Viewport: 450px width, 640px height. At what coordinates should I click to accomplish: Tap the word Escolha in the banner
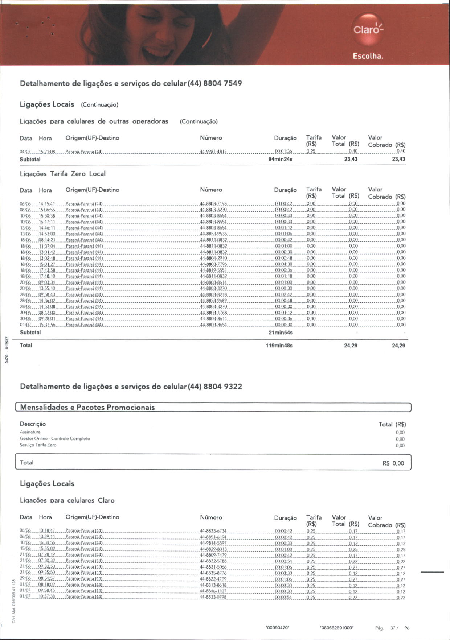[x=368, y=57]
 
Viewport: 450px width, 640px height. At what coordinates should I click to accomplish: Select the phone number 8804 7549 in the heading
[x=222, y=83]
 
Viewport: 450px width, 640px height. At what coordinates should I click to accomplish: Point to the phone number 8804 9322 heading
[x=222, y=387]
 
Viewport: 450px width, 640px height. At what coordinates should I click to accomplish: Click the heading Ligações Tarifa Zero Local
[x=62, y=174]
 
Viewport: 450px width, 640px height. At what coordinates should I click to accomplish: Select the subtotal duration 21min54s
[x=280, y=333]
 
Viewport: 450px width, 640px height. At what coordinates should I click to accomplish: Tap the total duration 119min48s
[x=279, y=346]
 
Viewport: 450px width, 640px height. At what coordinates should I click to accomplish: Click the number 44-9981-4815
[x=213, y=152]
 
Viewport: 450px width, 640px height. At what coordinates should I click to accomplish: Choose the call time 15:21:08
[x=47, y=152]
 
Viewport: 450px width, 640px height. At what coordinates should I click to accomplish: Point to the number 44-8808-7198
[x=213, y=204]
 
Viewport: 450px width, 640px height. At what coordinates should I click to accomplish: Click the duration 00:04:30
[x=283, y=264]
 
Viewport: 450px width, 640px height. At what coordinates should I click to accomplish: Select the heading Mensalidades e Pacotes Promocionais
[x=87, y=407]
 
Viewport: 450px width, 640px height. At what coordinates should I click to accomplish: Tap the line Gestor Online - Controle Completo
[x=55, y=439]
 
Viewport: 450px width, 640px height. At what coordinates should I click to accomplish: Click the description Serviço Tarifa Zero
[x=38, y=445]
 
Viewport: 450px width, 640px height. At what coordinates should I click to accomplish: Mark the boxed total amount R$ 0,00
[x=393, y=463]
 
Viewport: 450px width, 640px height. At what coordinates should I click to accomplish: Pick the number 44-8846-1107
[x=213, y=591]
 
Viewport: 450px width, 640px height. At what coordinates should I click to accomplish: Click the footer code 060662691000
[x=336, y=628]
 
